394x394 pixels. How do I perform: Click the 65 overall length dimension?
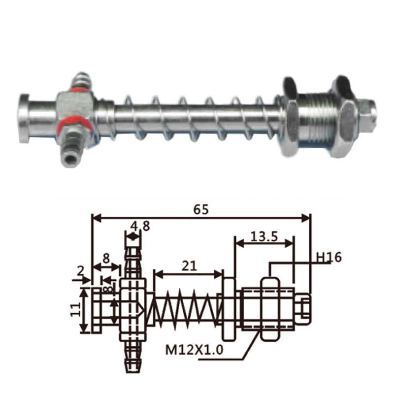[x=201, y=209]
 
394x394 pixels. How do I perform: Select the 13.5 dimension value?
[x=264, y=236]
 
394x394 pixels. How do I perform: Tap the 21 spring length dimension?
[x=189, y=266]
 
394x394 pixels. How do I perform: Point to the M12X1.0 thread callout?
[x=194, y=350]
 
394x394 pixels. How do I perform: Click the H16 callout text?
[x=328, y=257]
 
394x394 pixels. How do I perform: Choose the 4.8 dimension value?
[x=140, y=226]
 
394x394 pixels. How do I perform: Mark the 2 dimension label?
[x=80, y=271]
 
